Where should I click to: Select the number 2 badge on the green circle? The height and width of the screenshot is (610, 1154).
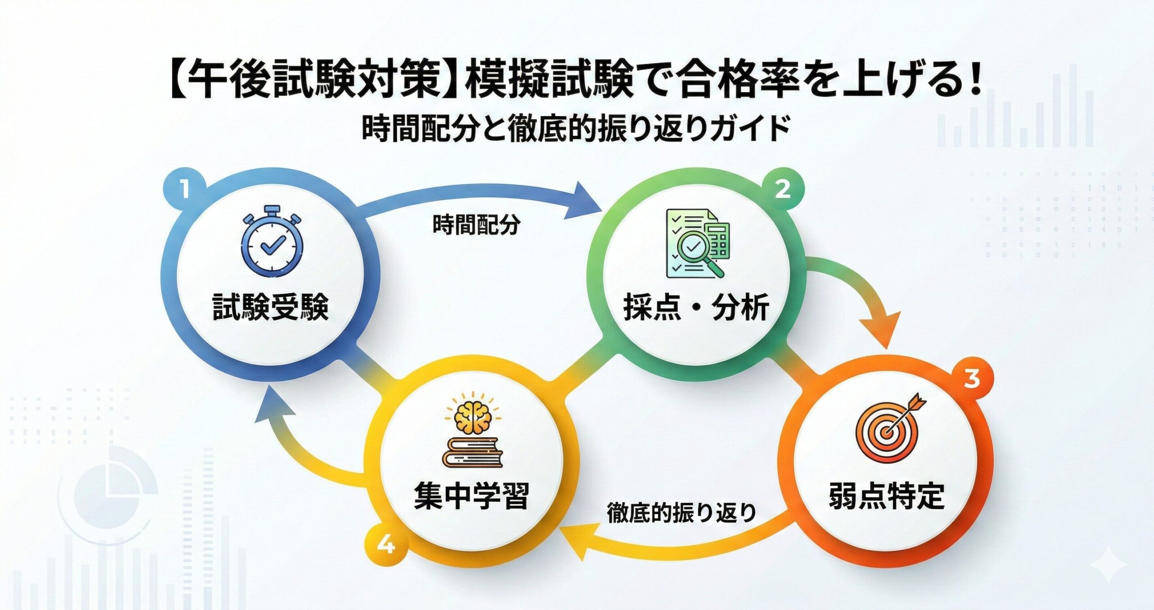[x=783, y=189]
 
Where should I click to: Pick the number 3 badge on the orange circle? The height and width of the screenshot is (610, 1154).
[x=972, y=378]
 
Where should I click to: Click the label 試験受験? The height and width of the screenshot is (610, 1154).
[x=270, y=308]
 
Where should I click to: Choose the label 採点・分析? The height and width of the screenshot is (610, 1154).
[x=696, y=308]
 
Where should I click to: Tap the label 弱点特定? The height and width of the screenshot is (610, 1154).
[x=886, y=496]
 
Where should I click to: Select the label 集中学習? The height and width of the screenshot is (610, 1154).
[x=471, y=496]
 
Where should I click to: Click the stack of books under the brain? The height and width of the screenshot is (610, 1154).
[x=472, y=452]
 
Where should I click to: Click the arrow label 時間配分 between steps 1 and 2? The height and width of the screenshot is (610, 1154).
[x=476, y=225]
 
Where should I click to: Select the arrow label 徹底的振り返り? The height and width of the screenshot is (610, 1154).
[x=682, y=513]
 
